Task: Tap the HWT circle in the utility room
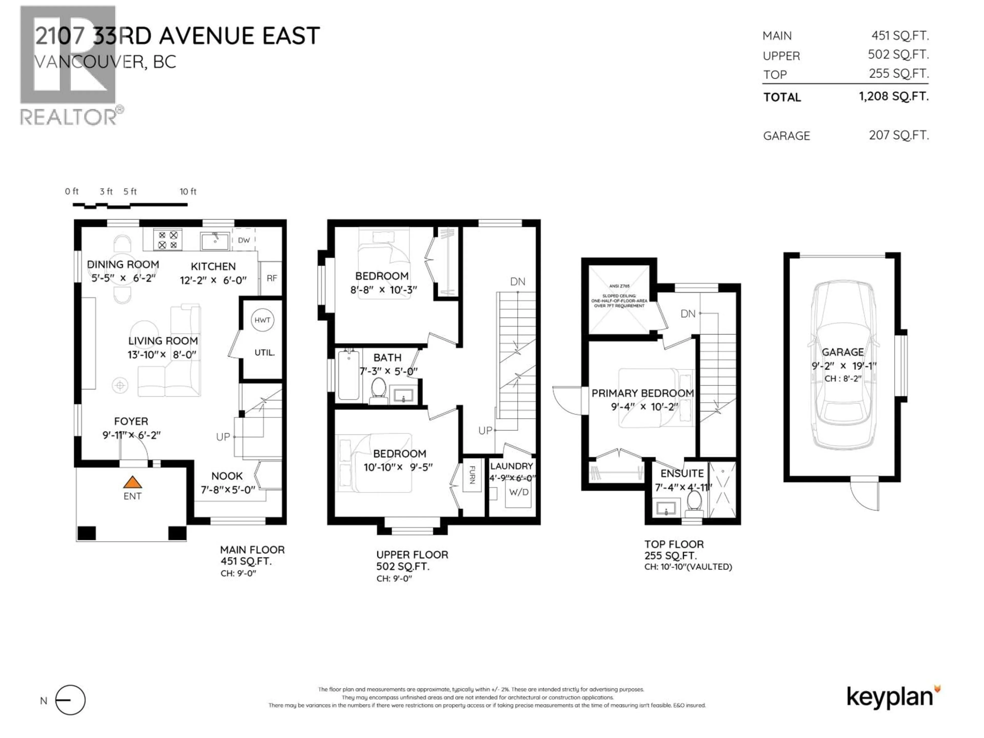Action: pyautogui.click(x=262, y=320)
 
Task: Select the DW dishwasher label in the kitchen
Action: pyautogui.click(x=244, y=240)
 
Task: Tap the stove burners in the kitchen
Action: pyautogui.click(x=168, y=240)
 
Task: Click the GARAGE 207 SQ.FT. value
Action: pyautogui.click(x=899, y=135)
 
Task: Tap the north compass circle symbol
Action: pyautogui.click(x=70, y=700)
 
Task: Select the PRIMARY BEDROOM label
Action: pyautogui.click(x=642, y=393)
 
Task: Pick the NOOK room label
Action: pyautogui.click(x=227, y=476)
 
